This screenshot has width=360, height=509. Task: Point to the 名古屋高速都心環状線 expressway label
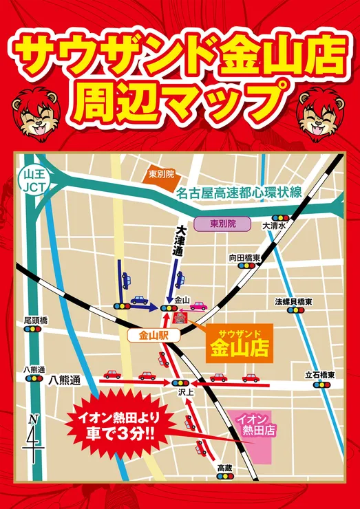[238, 193]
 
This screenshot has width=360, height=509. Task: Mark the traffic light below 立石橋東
[320, 385]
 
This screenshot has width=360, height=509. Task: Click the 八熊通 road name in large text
[65, 380]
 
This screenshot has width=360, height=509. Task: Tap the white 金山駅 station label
[153, 336]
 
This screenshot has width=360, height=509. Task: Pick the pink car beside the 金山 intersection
[198, 305]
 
